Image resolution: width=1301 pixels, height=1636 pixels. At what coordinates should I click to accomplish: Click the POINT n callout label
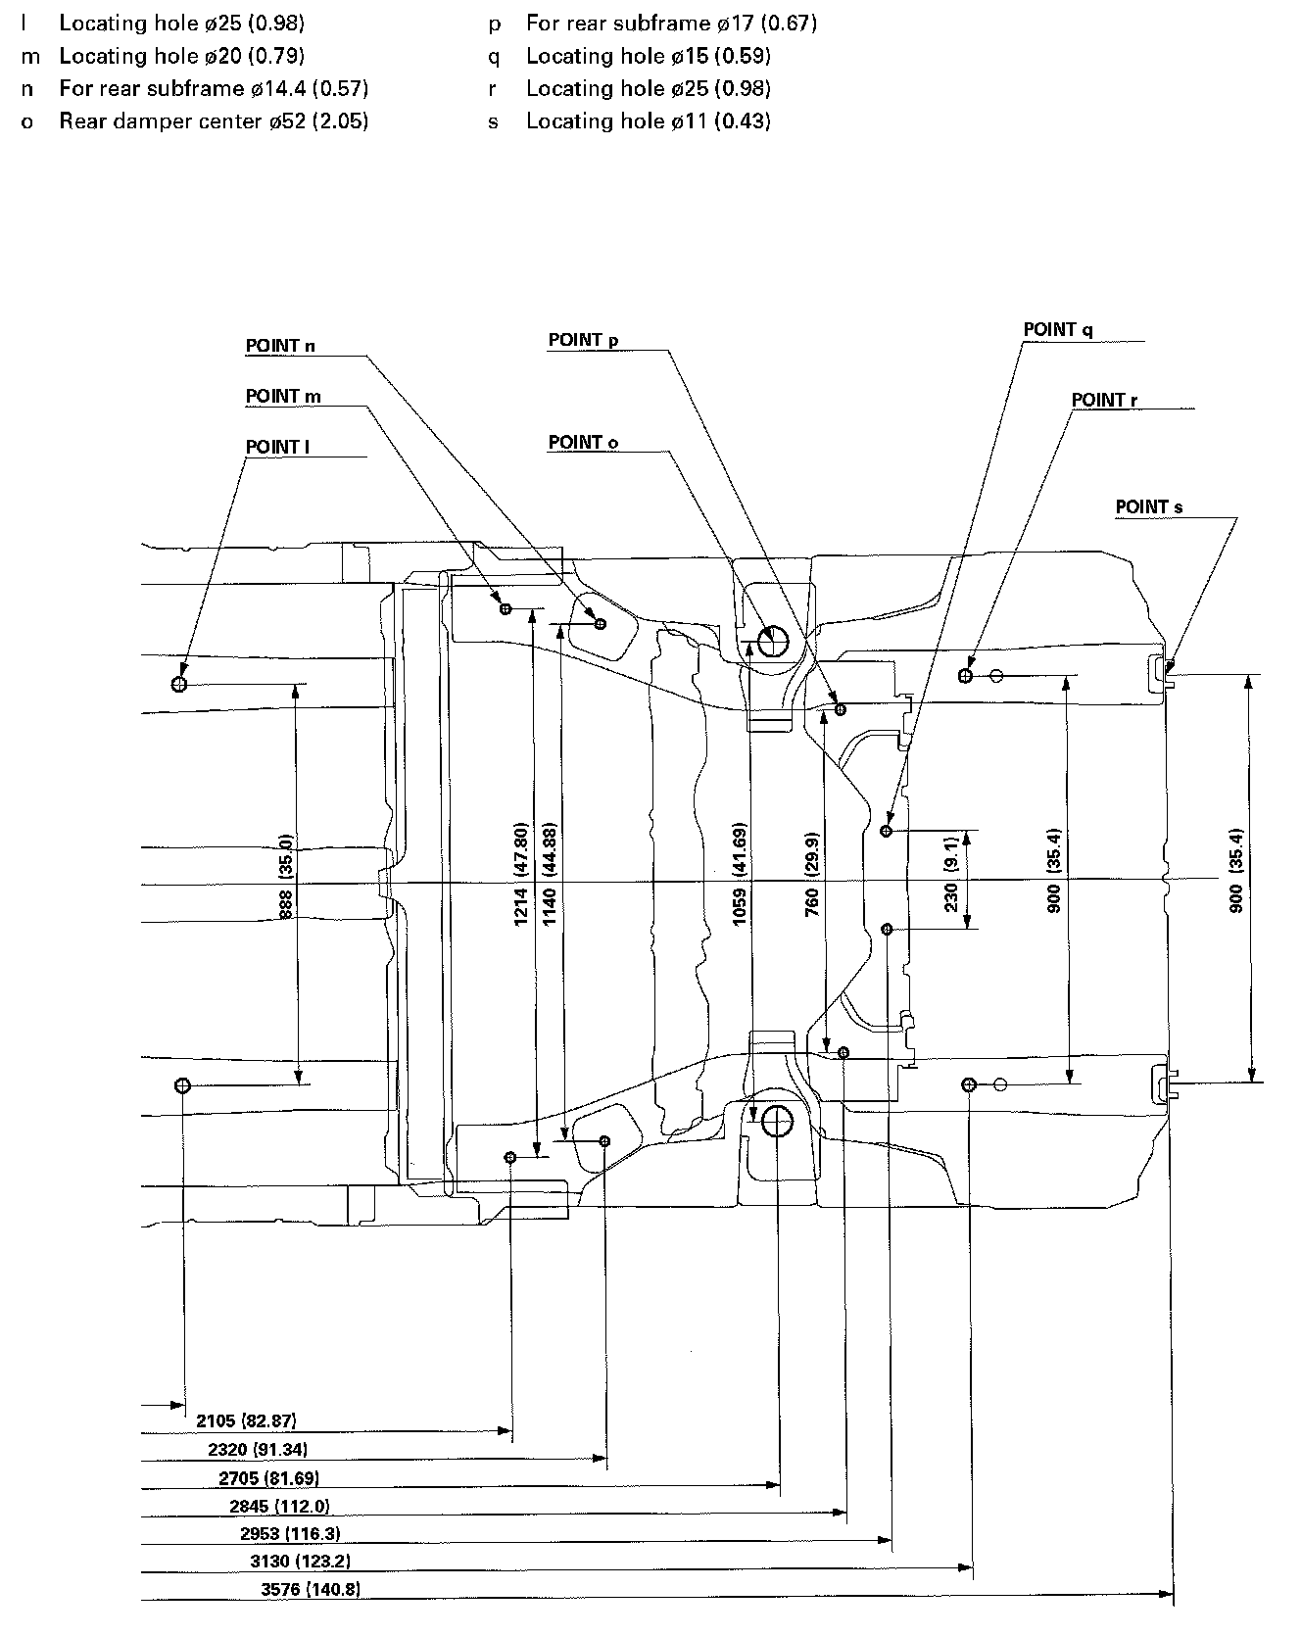(280, 346)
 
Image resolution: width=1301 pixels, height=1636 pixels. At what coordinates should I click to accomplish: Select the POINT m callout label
(283, 397)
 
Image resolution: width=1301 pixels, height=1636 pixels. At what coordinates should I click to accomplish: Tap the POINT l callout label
(277, 448)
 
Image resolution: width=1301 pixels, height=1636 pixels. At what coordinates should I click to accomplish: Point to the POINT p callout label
(583, 340)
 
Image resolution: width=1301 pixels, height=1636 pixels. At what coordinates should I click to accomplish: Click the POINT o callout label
(583, 443)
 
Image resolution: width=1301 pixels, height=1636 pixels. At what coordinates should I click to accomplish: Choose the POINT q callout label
(1057, 330)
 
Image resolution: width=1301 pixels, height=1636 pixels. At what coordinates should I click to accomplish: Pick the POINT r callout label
(1104, 401)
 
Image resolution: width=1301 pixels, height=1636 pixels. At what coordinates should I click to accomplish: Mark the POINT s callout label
(1148, 507)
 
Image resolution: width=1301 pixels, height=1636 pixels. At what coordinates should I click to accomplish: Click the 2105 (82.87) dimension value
(246, 1421)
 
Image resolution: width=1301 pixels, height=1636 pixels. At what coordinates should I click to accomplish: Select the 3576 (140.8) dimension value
(311, 1590)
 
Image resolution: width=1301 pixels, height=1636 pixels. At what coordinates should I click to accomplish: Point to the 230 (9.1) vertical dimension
(950, 879)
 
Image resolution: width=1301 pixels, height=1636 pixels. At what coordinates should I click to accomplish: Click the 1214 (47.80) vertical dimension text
(521, 874)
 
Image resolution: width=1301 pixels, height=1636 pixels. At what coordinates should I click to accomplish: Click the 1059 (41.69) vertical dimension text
(740, 875)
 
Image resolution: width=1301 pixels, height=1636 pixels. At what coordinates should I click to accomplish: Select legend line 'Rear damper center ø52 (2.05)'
(214, 121)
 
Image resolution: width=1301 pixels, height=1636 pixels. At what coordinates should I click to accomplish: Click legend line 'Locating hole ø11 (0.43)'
(648, 121)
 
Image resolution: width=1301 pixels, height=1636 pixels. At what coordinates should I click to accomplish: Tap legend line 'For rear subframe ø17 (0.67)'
(671, 23)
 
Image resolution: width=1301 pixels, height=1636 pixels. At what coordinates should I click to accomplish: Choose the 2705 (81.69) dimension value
(268, 1478)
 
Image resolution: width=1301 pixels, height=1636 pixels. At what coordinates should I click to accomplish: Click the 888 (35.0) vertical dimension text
(286, 878)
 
